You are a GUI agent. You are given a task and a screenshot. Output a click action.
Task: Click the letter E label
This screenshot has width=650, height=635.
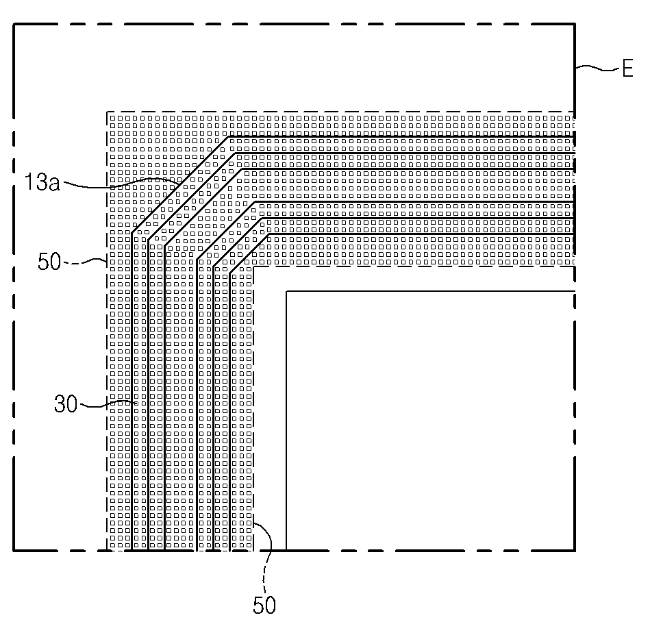tap(627, 69)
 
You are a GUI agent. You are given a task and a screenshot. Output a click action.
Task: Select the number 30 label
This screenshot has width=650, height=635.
tap(66, 404)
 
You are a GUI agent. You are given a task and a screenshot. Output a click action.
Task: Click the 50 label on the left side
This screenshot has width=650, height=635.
tap(50, 262)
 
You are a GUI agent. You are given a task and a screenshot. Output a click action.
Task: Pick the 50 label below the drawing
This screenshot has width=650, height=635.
tap(264, 606)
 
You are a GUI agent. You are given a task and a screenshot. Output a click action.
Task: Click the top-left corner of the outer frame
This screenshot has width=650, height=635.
tap(14, 25)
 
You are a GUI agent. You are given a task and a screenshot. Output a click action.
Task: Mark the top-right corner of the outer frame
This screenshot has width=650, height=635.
tap(574, 25)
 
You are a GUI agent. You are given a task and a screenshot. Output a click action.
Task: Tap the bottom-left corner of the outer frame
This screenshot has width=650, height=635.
tap(14, 550)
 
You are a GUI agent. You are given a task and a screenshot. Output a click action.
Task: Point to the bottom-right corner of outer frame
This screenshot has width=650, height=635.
tap(574, 550)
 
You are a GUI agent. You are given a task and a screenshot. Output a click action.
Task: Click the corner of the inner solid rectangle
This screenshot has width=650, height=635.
tap(286, 292)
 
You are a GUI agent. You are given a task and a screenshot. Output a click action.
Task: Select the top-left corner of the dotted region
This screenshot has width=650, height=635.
tap(107, 112)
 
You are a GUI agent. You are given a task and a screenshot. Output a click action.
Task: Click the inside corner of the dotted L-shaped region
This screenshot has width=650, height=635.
tap(255, 266)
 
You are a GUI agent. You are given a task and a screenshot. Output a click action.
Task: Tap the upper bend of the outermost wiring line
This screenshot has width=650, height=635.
tap(229, 137)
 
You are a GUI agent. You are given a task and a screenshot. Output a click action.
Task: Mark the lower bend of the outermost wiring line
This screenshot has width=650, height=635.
tap(132, 232)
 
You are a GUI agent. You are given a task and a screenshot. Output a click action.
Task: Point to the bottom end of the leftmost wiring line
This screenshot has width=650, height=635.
tap(132, 549)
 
